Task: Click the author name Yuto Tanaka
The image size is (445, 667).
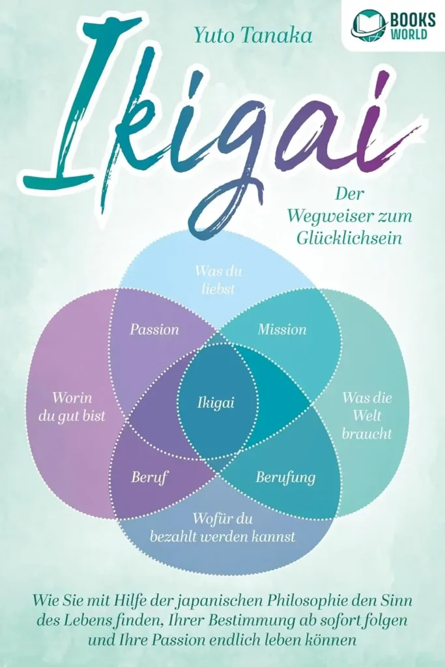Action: point(253,36)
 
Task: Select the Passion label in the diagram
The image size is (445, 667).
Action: point(154,329)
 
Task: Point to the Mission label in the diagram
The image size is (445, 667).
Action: point(282,329)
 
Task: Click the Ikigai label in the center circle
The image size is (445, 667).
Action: point(216,403)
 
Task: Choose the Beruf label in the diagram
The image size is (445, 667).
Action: point(149,477)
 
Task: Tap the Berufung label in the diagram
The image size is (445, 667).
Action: point(285,477)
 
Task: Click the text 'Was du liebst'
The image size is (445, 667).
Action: point(218,280)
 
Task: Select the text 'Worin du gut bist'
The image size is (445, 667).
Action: point(72,407)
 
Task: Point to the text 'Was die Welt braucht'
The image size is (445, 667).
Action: point(367,416)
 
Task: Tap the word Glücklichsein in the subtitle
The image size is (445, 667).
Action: point(349,238)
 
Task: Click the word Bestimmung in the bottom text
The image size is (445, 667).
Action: point(255,621)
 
